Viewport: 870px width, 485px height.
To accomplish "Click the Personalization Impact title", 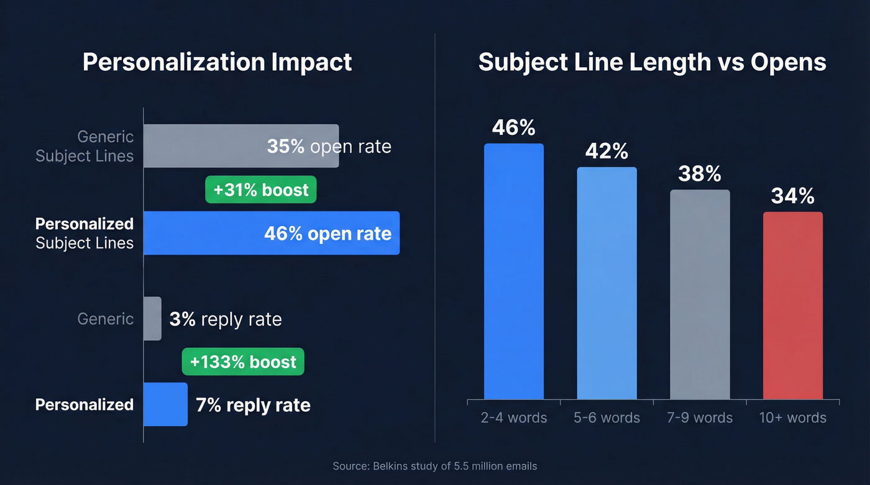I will pyautogui.click(x=217, y=62).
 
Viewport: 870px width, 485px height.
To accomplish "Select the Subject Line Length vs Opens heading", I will pyautogui.click(x=652, y=62).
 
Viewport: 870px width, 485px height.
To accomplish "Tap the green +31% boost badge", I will pyautogui.click(x=261, y=190).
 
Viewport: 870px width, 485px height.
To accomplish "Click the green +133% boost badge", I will pyautogui.click(x=243, y=362).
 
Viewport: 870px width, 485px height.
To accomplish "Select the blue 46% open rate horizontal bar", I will pyautogui.click(x=205, y=233).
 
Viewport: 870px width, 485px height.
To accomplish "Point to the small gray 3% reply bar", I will pyautogui.click(x=152, y=319).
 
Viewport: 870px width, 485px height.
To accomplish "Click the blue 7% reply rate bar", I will pyautogui.click(x=165, y=404).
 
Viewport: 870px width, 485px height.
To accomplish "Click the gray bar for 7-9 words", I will pyautogui.click(x=700, y=294).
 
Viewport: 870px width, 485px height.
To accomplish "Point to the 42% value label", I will pyautogui.click(x=607, y=152).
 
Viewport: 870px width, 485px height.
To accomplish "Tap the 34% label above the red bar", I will pyautogui.click(x=793, y=196).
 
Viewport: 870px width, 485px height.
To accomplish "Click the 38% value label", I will pyautogui.click(x=700, y=174).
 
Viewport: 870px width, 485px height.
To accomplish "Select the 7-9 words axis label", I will pyautogui.click(x=700, y=417).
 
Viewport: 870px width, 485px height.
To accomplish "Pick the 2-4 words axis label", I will pyautogui.click(x=514, y=417).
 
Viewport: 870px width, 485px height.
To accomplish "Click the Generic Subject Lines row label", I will pyautogui.click(x=85, y=146).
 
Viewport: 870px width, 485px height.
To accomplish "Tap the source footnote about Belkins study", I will pyautogui.click(x=434, y=466).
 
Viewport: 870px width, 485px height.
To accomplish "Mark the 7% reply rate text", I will pyautogui.click(x=253, y=406).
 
